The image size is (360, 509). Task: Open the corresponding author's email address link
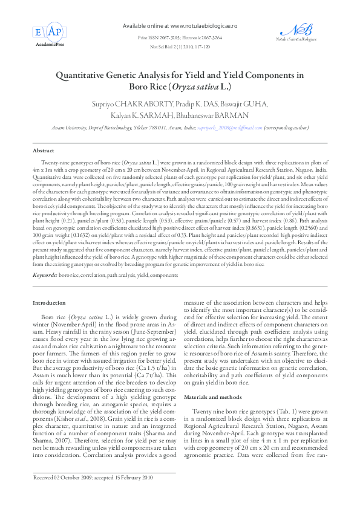tap(226, 129)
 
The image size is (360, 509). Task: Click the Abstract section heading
tap(43, 149)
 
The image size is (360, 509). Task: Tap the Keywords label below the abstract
tap(45, 276)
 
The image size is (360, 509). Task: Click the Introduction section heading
tap(48, 303)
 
